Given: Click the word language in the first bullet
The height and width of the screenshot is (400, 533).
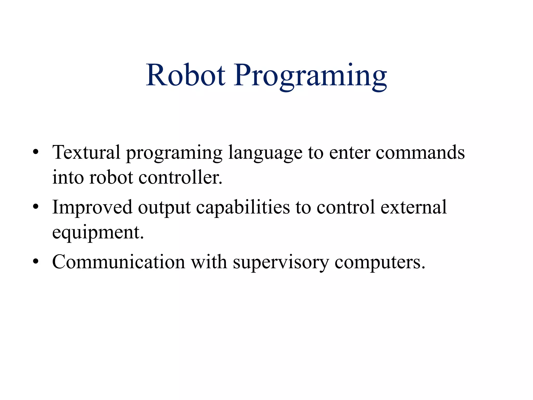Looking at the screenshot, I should point(265,153).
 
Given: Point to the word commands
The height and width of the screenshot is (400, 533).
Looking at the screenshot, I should point(420,152).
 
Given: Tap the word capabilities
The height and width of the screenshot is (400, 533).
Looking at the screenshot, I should point(243,208).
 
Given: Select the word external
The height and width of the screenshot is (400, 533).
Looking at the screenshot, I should point(414,207).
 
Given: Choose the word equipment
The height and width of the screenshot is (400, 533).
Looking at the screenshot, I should point(98,233).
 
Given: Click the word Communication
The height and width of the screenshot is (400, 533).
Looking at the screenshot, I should point(118,262).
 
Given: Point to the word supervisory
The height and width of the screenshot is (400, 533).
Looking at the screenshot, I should point(281,262).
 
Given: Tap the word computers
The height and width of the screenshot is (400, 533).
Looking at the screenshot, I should point(380,262).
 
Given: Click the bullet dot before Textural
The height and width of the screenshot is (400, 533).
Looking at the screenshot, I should point(36,152).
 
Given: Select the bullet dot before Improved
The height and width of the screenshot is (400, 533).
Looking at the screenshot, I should point(36,207).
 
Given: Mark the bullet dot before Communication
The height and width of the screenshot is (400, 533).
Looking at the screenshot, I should point(36,261).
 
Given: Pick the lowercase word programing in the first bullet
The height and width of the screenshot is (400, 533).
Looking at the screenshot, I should point(174,153).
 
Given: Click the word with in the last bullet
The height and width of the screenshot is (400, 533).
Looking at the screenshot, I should point(209,261).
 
